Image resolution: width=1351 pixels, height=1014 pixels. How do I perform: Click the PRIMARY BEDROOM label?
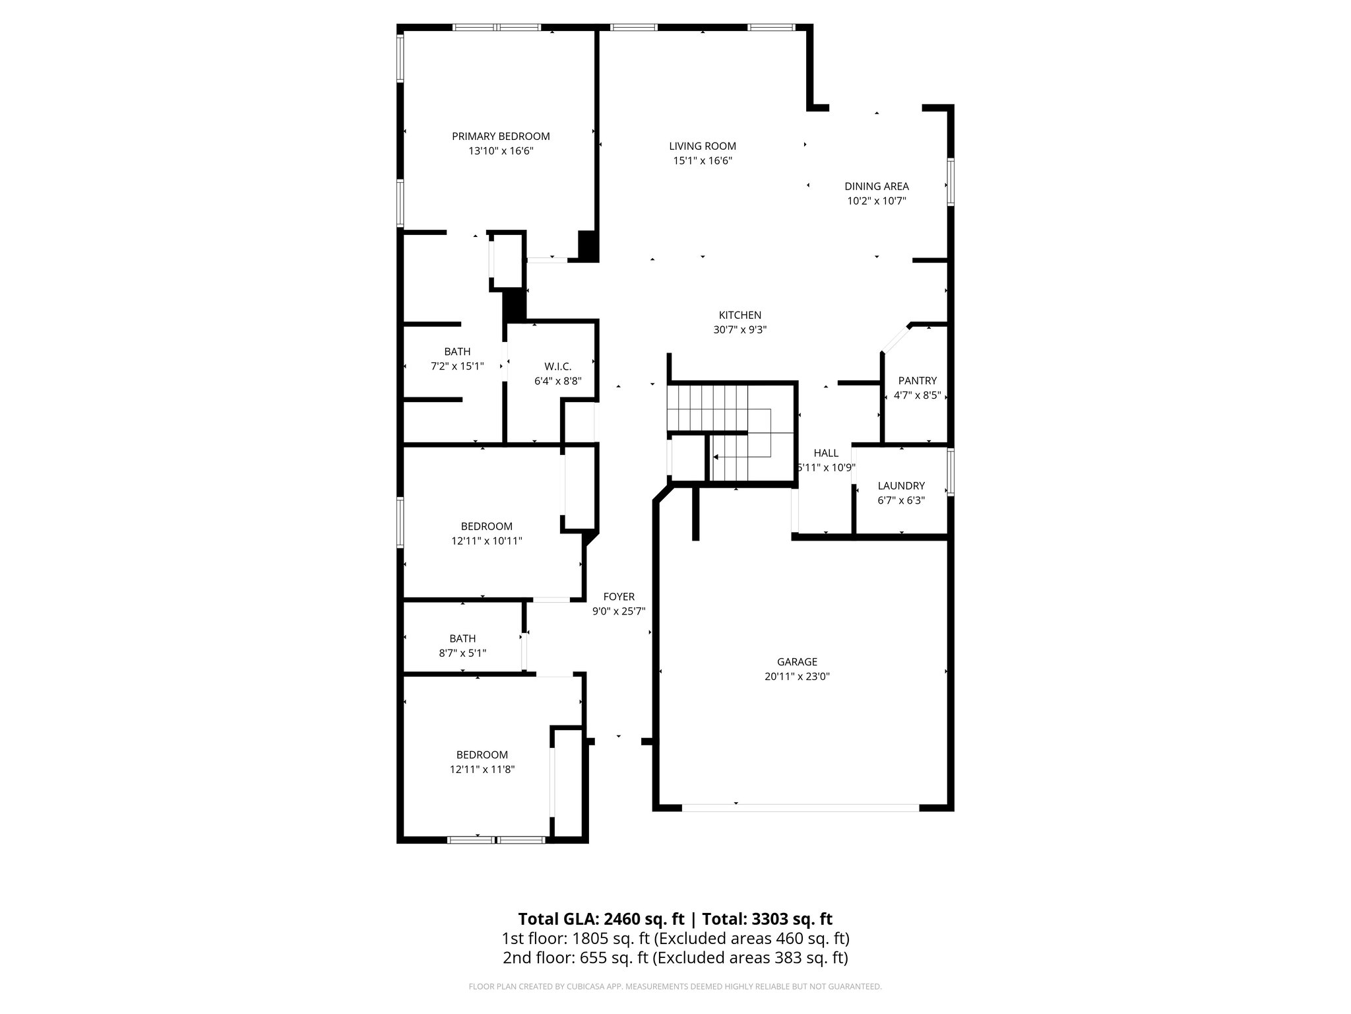click(501, 137)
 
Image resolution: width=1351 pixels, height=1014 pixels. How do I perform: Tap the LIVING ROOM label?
click(703, 147)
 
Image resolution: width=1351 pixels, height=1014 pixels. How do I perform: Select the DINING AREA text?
click(877, 186)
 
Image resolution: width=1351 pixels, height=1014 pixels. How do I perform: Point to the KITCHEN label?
click(740, 316)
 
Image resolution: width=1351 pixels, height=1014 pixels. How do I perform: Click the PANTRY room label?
click(918, 381)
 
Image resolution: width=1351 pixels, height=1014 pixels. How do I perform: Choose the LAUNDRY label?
click(901, 486)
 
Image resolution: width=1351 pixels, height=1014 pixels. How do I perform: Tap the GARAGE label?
click(797, 661)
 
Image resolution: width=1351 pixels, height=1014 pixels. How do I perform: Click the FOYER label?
click(619, 597)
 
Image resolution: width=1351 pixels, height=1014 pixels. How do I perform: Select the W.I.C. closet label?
click(558, 366)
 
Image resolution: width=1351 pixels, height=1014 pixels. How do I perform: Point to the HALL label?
click(826, 453)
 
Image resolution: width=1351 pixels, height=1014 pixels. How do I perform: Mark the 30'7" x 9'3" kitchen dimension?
click(740, 330)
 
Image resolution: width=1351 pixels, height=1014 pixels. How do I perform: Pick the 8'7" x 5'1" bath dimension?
click(462, 653)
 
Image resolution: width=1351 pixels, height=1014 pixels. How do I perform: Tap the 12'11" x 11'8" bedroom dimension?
click(482, 769)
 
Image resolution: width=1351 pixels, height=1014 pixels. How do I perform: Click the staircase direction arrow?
click(716, 456)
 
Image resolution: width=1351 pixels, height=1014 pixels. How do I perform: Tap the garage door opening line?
click(800, 807)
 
